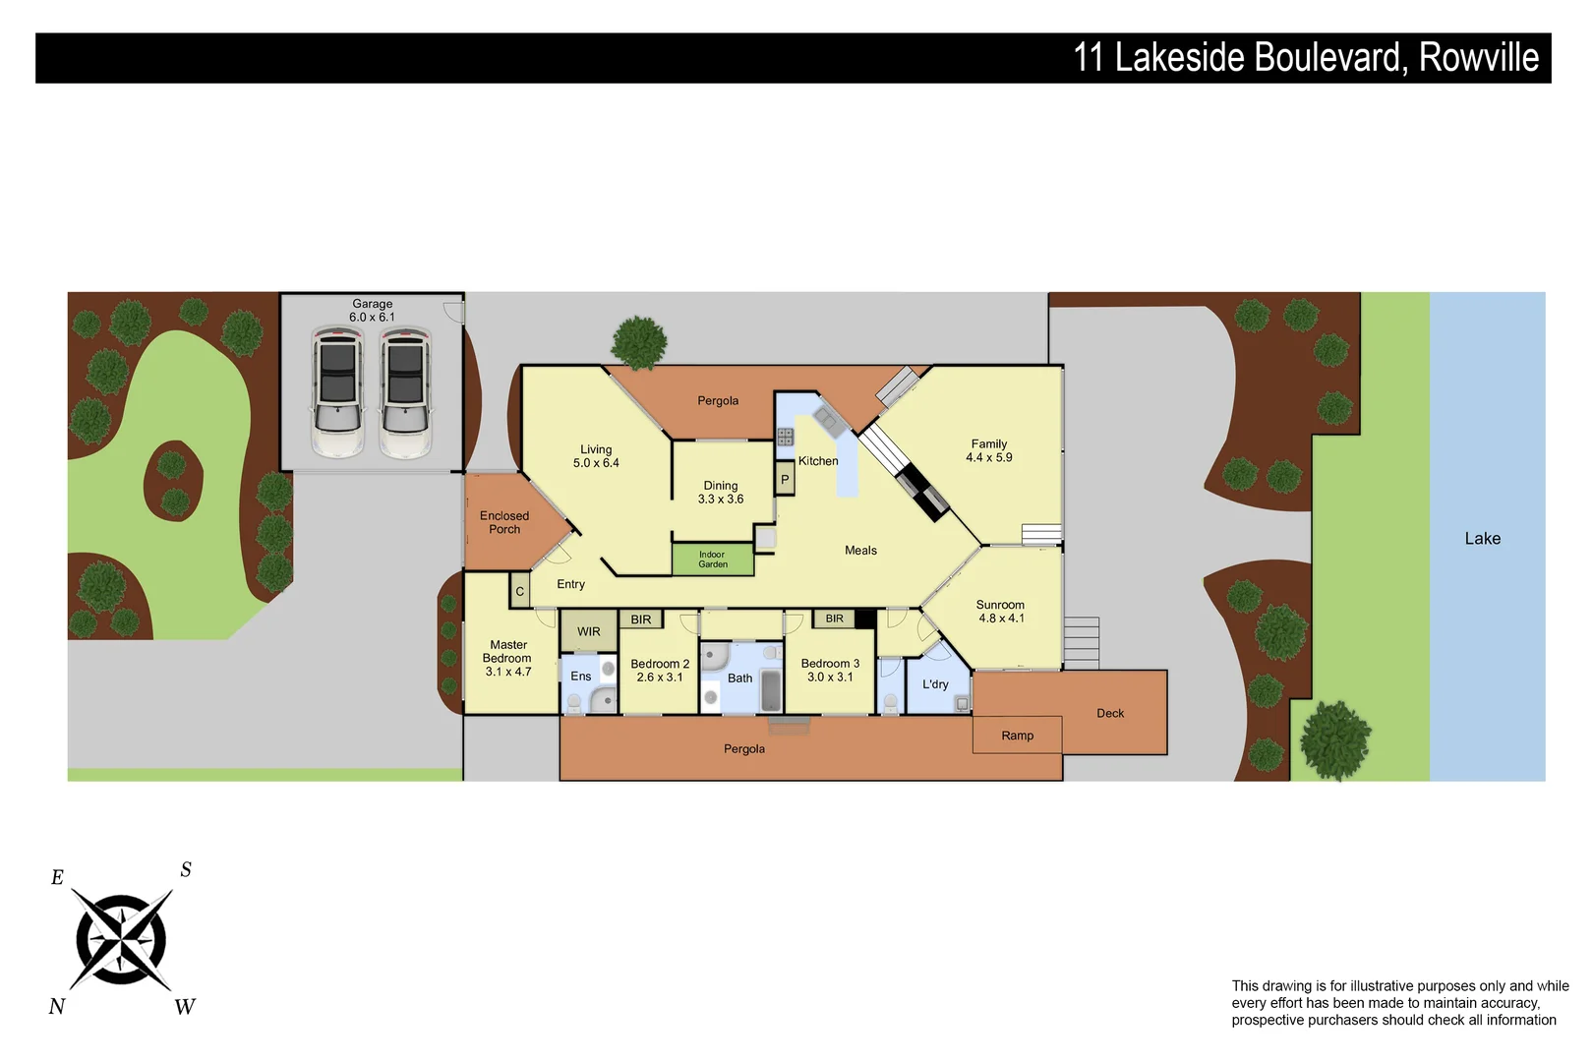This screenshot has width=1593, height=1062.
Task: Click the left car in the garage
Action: tap(337, 392)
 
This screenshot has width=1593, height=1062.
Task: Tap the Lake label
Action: tap(1482, 539)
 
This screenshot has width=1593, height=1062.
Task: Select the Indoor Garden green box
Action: tap(713, 560)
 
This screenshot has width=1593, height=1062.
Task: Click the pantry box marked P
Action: tap(785, 480)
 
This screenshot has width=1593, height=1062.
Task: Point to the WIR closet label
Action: tap(589, 632)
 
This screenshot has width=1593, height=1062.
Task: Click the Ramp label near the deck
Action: tap(1017, 736)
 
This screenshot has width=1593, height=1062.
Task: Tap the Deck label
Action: tap(1110, 714)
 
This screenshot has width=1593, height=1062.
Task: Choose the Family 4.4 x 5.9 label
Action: tap(989, 451)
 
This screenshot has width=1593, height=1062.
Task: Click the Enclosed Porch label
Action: tap(504, 522)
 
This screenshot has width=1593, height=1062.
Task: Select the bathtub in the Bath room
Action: tap(771, 690)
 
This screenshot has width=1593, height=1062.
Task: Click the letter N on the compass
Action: tap(57, 1006)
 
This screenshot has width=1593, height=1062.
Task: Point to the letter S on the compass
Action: tap(186, 870)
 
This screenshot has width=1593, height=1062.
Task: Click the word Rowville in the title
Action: tap(1479, 58)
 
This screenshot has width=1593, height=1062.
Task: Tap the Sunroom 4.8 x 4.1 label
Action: tap(1000, 612)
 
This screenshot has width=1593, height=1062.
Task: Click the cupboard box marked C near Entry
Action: tap(520, 592)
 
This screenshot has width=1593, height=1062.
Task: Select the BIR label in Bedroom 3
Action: tap(834, 619)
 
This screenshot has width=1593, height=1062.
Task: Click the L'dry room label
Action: tap(935, 684)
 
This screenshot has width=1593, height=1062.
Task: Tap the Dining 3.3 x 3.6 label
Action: tap(721, 493)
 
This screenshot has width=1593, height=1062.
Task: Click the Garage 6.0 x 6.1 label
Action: tap(372, 311)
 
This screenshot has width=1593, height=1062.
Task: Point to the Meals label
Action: tap(860, 551)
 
